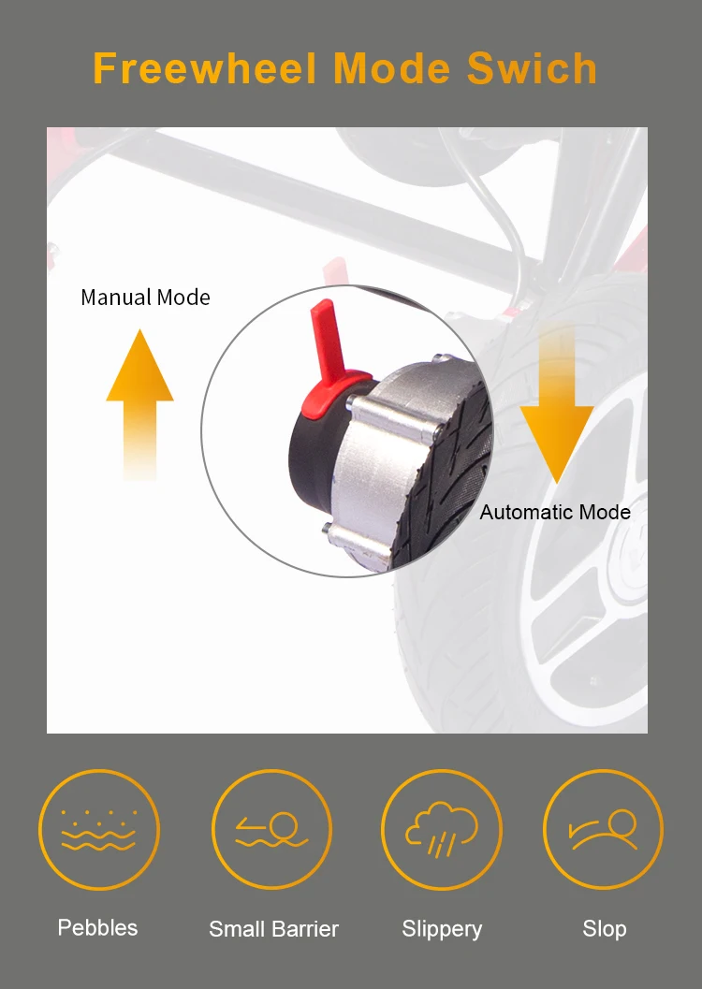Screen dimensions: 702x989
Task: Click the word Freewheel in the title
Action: click(x=204, y=68)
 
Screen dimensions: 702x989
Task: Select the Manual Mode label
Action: click(x=145, y=298)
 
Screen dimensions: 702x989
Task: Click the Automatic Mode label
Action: click(x=555, y=512)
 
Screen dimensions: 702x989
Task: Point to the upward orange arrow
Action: click(x=139, y=403)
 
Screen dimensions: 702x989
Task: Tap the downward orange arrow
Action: click(x=556, y=403)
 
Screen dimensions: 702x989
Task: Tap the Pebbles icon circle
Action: click(x=99, y=829)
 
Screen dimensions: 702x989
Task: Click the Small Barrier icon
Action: click(x=271, y=829)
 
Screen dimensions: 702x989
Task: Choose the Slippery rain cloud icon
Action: click(x=442, y=829)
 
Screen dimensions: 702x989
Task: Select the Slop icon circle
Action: click(x=603, y=829)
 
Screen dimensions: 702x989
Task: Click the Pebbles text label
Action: click(x=97, y=928)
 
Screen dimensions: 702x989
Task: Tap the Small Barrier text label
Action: click(x=273, y=929)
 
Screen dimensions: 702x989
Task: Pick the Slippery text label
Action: click(x=442, y=930)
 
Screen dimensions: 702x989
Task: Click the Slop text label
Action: click(x=605, y=929)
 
